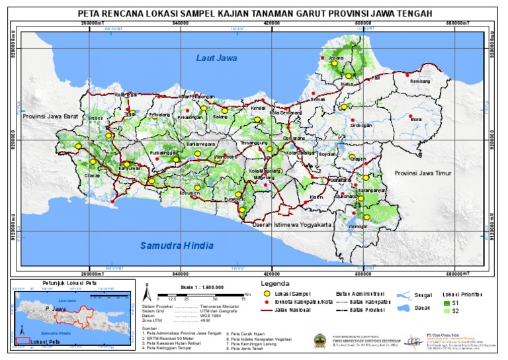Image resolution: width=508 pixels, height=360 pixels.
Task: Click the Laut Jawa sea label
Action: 216,58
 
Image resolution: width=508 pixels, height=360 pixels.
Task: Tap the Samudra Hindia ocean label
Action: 177,246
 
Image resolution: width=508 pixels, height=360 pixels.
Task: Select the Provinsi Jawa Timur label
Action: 421,173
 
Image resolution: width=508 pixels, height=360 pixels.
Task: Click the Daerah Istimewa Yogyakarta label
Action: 292,225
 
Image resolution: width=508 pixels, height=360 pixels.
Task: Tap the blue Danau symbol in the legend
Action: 402,308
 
